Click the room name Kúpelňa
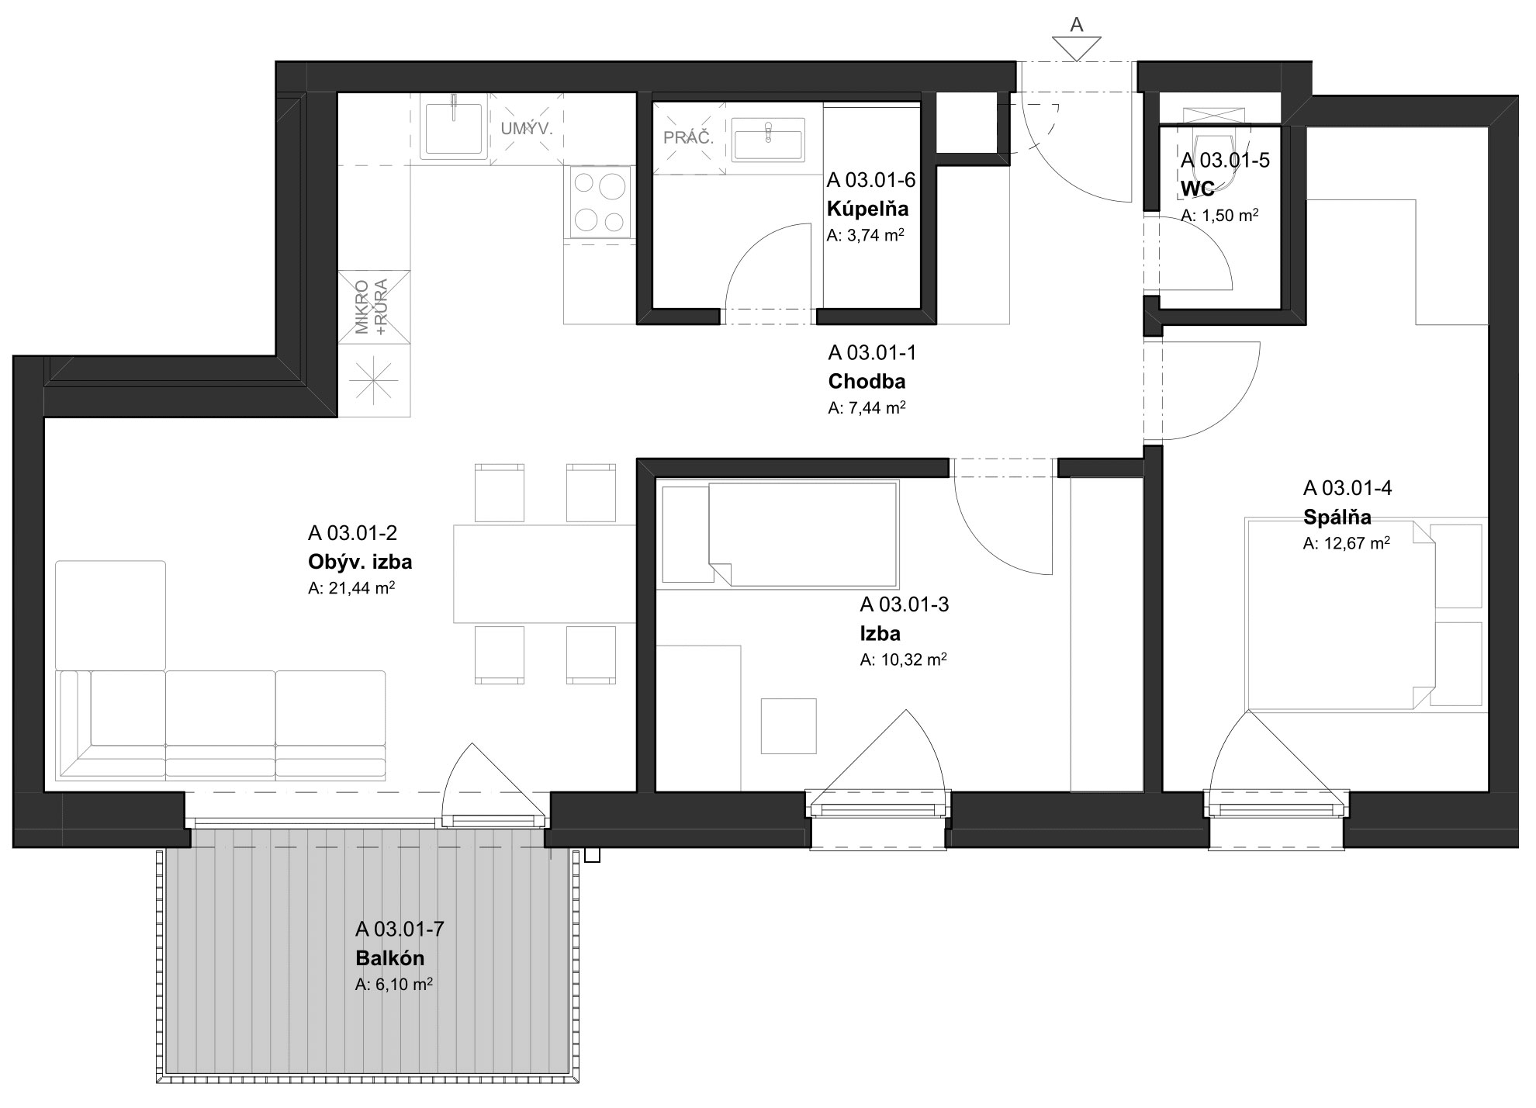coord(867,209)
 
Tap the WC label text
coord(1197,189)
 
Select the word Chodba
coord(867,382)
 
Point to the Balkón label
coord(389,958)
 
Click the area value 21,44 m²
coord(351,588)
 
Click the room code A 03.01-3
coord(904,604)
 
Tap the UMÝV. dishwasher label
coord(527,129)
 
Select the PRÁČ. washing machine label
coord(688,138)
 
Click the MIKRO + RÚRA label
coord(373,306)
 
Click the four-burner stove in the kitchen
coord(600,202)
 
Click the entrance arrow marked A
coord(1076,48)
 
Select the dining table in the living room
coord(545,574)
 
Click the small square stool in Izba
coord(788,725)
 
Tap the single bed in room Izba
coord(777,535)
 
